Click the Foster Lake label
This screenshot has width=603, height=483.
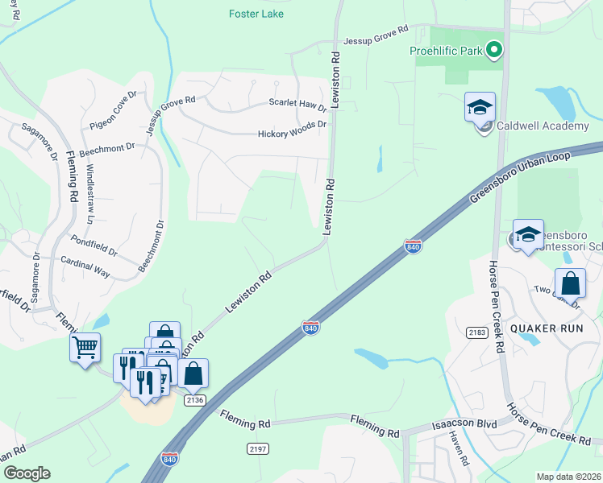point(255,14)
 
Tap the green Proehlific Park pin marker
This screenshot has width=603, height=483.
point(494,52)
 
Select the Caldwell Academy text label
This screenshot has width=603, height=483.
point(542,126)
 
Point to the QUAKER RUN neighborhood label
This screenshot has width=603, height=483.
point(540,328)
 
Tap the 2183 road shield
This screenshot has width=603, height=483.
point(477,332)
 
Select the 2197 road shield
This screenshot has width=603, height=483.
point(257,448)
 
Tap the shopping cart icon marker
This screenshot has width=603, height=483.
point(85,348)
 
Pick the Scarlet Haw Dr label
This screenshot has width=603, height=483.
point(297,104)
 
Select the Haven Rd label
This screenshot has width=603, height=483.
point(459,448)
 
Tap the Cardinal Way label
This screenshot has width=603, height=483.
point(85,266)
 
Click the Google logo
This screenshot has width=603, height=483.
point(27,473)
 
